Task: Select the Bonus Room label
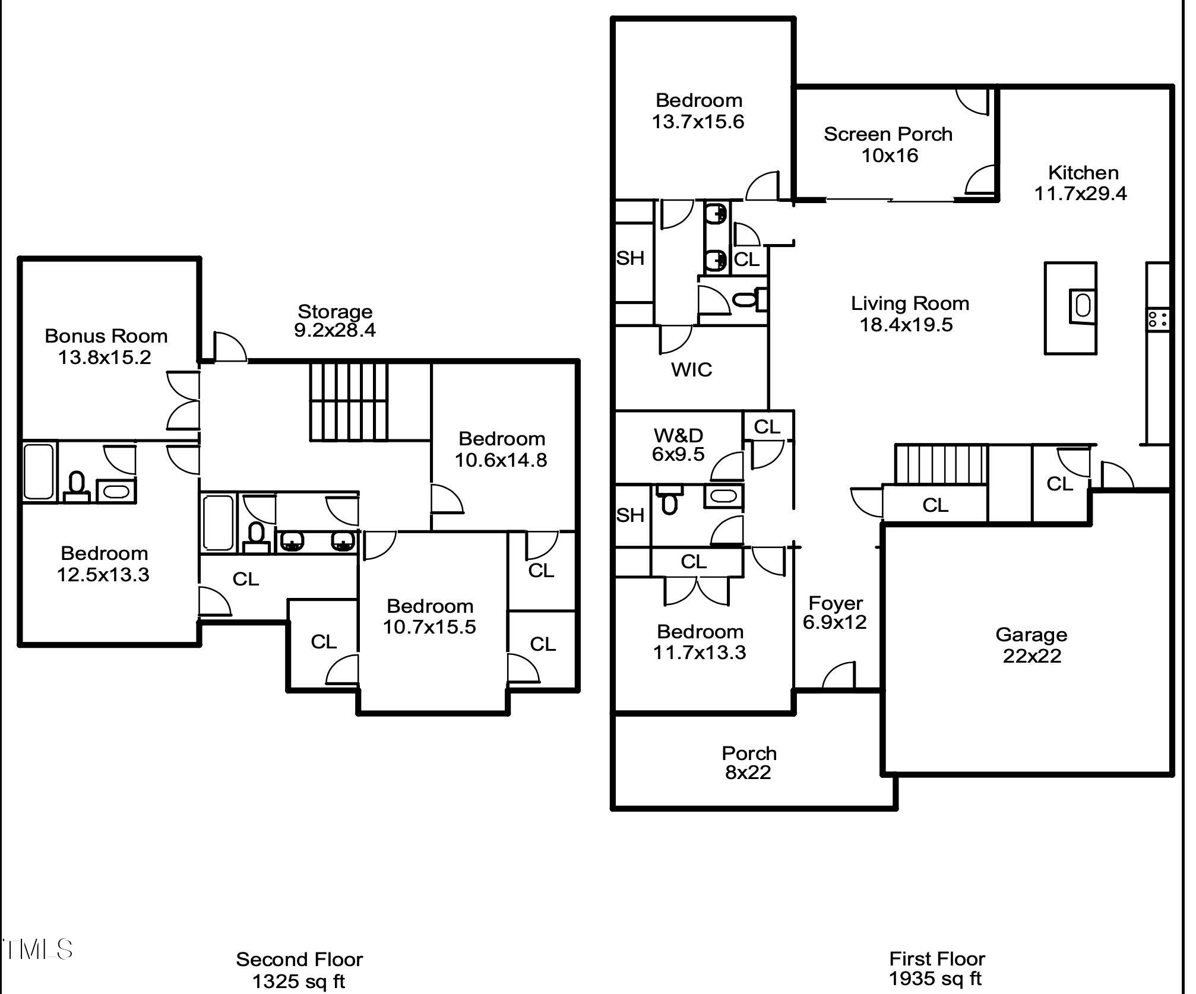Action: click(x=106, y=336)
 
